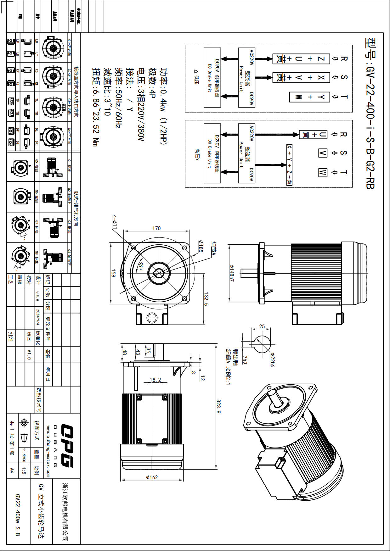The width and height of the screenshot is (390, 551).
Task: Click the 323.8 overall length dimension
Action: click(x=218, y=407)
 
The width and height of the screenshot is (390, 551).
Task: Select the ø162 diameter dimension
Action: click(x=152, y=477)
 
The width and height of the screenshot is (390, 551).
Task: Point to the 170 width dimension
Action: click(x=156, y=228)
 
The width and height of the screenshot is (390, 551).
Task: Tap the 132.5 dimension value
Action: click(x=206, y=299)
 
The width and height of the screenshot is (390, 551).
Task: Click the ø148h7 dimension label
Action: click(x=232, y=273)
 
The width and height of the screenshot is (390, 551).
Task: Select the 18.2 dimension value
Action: click(x=155, y=380)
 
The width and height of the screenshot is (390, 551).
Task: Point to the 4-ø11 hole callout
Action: click(x=115, y=222)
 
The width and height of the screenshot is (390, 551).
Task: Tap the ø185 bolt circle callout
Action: click(x=200, y=246)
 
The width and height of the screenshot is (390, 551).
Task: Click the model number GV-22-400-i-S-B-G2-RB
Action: click(x=370, y=113)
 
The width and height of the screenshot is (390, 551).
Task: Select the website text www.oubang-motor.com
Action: click(x=48, y=451)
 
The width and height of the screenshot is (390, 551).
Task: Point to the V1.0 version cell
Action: click(x=29, y=354)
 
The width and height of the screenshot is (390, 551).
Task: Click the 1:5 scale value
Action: click(x=24, y=470)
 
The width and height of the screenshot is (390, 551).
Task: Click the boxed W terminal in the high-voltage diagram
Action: click(x=323, y=172)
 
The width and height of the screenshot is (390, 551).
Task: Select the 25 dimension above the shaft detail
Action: click(x=262, y=326)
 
